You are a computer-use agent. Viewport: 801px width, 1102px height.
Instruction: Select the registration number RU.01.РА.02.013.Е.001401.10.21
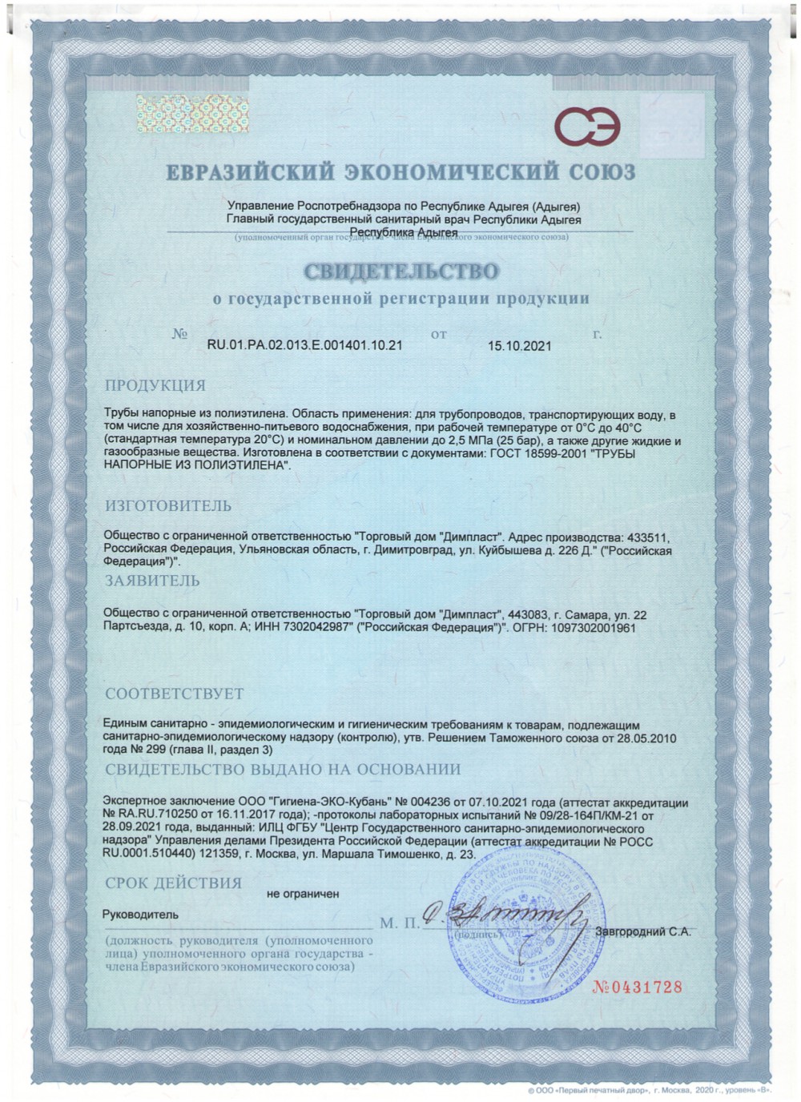[304, 346]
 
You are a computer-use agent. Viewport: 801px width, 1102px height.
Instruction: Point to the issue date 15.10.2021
[519, 346]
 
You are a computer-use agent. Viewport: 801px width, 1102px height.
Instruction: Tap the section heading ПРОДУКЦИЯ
[156, 385]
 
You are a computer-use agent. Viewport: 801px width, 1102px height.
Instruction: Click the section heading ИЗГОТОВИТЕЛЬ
[169, 505]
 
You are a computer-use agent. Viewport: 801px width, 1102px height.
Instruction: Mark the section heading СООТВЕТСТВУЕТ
[175, 693]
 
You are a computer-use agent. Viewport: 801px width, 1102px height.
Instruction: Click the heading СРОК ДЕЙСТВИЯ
[173, 883]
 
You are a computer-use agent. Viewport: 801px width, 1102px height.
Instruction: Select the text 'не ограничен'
[303, 893]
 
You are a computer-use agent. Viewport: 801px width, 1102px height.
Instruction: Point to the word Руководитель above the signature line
[141, 914]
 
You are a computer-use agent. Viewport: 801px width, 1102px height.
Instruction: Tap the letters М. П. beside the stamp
[400, 923]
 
